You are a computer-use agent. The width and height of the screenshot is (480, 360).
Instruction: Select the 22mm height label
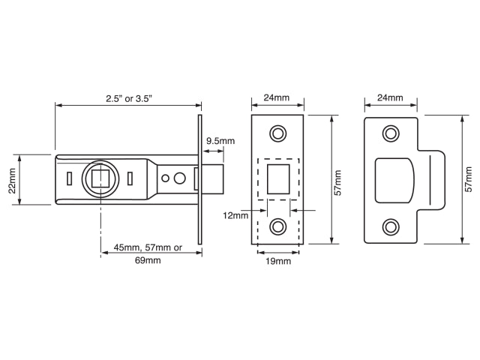point(12,179)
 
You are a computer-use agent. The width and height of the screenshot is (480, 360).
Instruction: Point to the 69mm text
point(148,261)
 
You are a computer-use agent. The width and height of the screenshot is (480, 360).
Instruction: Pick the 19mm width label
point(277,261)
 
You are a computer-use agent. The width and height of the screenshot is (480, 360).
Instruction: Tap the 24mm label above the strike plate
point(390,97)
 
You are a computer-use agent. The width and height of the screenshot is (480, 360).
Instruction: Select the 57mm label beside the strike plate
point(469,180)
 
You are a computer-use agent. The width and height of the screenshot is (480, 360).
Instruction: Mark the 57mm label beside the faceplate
point(337,180)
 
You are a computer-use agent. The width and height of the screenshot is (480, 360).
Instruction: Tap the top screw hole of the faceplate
point(277,133)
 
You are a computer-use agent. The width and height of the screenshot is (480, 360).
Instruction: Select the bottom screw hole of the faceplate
point(277,226)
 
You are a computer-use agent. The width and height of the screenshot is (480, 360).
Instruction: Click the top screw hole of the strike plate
point(390,133)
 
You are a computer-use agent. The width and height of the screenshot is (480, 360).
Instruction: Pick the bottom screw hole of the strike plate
point(390,226)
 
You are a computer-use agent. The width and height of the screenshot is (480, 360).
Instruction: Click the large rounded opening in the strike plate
point(394,180)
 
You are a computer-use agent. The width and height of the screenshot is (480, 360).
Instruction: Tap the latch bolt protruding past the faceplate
point(213,179)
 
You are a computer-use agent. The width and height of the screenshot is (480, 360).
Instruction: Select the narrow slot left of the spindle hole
point(68,178)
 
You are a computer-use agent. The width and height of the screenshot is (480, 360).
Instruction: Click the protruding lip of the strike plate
point(436,180)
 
